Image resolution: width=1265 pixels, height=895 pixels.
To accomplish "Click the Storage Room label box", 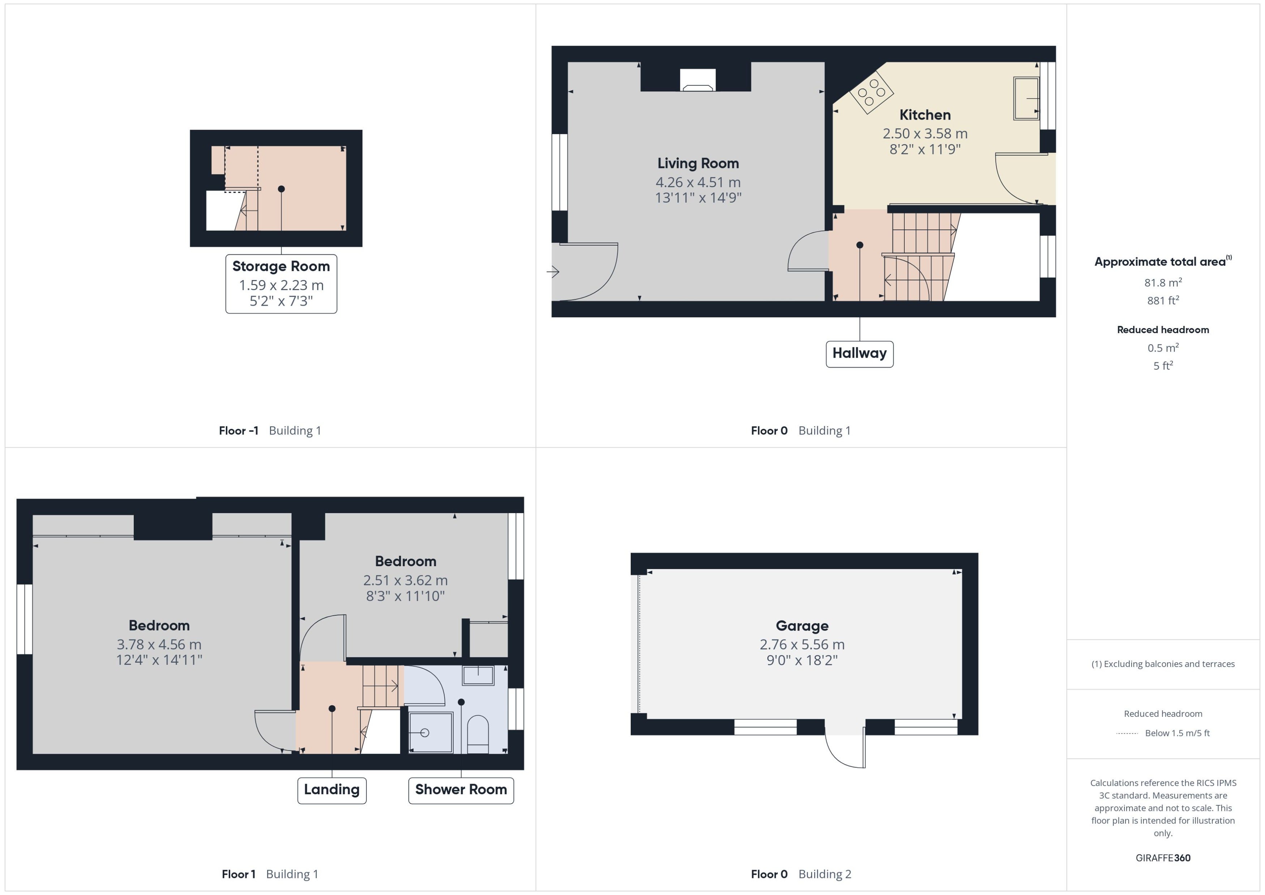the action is pos(281,284).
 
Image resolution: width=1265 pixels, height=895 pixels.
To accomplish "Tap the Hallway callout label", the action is pos(859,354).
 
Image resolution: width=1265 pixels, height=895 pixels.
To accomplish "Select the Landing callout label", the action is pos(332,790).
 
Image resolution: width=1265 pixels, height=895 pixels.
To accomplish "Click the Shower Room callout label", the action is pos(461,790).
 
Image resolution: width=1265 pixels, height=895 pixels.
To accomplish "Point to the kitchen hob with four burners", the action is pos(871,93).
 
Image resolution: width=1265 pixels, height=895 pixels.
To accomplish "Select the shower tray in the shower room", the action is pos(430,732).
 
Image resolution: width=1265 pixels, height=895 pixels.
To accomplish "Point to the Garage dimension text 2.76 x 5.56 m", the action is pos(802,644).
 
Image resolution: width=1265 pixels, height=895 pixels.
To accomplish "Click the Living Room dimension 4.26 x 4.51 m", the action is pos(698,182).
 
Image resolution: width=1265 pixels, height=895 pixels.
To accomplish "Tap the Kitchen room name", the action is pos(925,115).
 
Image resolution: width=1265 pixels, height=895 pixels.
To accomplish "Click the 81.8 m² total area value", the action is pos(1163,283).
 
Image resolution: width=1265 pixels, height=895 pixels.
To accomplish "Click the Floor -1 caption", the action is pos(239,430).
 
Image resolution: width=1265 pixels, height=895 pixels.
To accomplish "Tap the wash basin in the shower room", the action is pos(478,675).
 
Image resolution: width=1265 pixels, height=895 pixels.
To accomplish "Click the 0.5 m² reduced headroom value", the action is pos(1163,348).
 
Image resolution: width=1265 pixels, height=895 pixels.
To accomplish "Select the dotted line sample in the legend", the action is pos(1127,733).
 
